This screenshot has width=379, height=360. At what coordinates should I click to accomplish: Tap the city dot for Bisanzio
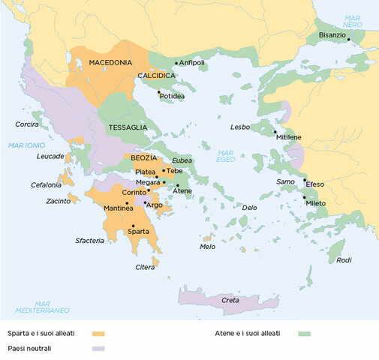(x=349, y=40)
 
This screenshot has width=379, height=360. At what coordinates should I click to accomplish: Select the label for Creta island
(x=230, y=300)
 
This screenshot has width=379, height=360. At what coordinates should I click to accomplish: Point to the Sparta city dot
(x=132, y=226)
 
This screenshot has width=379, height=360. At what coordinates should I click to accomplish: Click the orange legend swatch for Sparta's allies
(x=97, y=333)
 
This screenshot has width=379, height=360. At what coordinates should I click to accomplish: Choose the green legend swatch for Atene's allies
(x=304, y=333)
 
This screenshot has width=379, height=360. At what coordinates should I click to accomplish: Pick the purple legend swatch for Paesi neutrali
(x=97, y=349)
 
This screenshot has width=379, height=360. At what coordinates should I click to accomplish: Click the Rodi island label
(x=344, y=260)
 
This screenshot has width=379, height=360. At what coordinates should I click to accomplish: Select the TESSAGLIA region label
(x=128, y=127)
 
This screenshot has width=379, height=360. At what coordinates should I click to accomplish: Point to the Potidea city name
(x=172, y=97)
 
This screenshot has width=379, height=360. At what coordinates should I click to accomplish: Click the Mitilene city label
(x=289, y=138)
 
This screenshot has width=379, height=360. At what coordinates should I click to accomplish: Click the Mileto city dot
(x=305, y=197)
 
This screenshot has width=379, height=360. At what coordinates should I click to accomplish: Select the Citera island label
(x=146, y=267)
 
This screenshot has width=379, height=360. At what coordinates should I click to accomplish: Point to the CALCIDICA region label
(x=156, y=76)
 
